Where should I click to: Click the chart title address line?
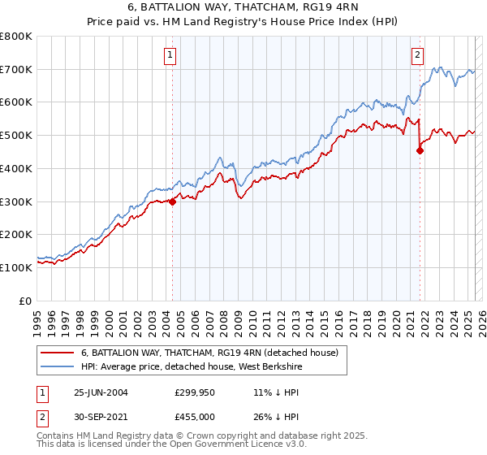[x=243, y=9]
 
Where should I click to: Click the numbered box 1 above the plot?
[x=170, y=55]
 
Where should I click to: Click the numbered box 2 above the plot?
[x=417, y=55]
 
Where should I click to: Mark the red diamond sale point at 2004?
[x=173, y=202]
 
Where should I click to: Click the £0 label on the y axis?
[x=25, y=301]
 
